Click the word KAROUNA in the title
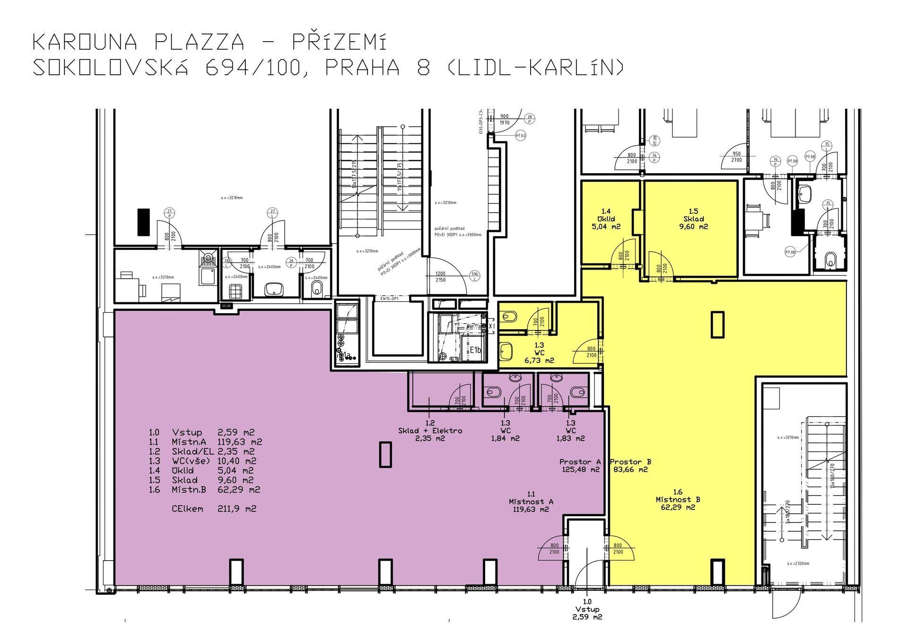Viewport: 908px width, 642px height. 85,43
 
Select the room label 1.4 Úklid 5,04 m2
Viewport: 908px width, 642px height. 608,219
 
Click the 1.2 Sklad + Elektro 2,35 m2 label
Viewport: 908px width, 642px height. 429,431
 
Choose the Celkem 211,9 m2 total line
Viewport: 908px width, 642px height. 214,509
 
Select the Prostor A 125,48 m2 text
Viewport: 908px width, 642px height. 580,466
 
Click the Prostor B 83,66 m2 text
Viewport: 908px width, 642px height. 629,466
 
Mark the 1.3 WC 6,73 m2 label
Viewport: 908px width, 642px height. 539,353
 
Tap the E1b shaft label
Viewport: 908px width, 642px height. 475,350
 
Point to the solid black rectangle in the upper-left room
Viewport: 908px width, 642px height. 143,222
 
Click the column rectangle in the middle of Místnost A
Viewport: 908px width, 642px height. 386,455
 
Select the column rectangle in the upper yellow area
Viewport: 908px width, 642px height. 717,325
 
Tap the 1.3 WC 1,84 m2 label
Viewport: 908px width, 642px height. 505,431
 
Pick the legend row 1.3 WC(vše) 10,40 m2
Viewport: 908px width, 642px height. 202,461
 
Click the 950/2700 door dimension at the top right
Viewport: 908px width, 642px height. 736,157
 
